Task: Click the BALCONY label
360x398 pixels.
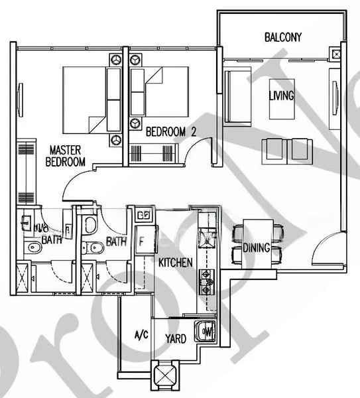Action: click(282, 37)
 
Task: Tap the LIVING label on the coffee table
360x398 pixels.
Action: click(281, 96)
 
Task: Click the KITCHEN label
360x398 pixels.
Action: click(175, 263)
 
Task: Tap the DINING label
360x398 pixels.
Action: click(255, 248)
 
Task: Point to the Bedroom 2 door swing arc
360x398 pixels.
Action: click(199, 153)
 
